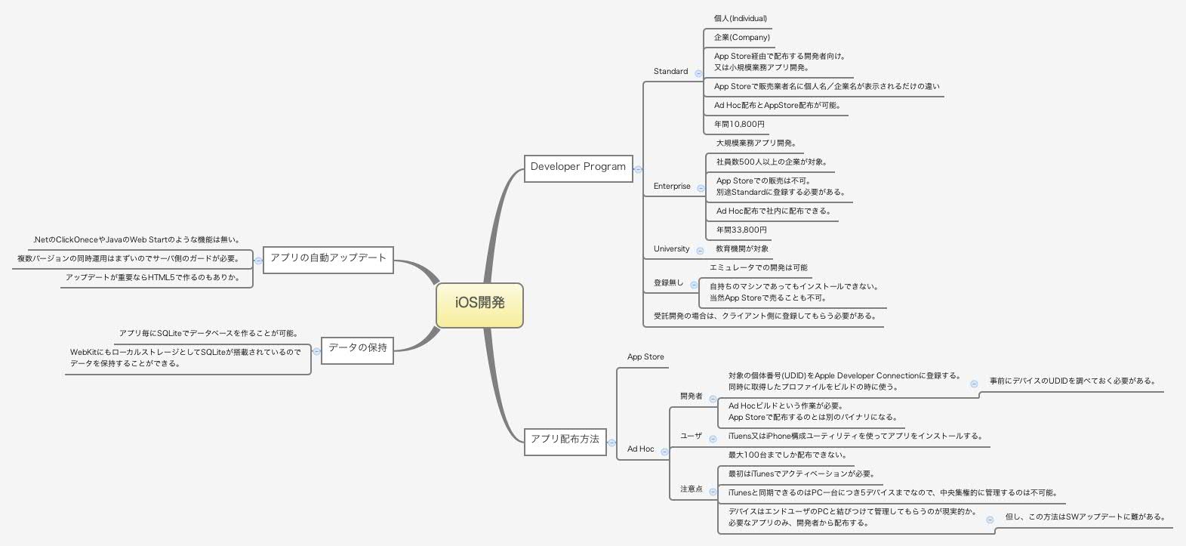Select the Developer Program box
578,167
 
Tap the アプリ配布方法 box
565,440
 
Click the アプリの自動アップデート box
328,258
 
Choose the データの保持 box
357,348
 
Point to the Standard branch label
670,72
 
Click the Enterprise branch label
672,187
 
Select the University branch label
671,249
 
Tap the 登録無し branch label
668,283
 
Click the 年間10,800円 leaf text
739,125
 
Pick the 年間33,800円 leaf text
741,230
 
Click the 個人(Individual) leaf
740,19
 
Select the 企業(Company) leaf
741,38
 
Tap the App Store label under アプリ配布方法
645,357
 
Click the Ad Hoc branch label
640,449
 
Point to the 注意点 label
691,489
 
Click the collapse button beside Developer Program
638,170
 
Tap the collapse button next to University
700,251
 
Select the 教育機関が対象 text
742,249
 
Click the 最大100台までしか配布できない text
787,455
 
